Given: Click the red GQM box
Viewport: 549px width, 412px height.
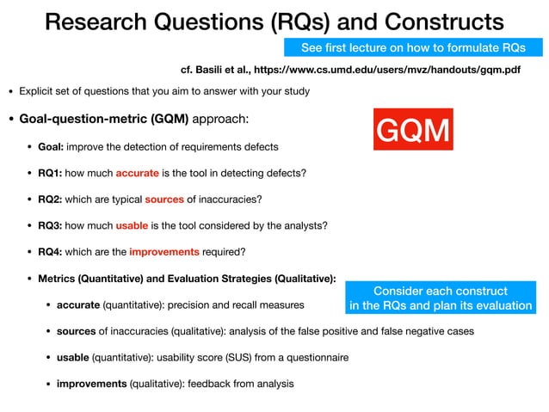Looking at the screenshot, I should click(x=413, y=130).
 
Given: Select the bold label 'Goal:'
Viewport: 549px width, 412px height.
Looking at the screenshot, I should click(x=51, y=146).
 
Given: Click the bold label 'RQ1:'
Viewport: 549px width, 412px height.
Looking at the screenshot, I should click(x=50, y=173).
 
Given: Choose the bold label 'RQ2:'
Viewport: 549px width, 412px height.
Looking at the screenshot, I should click(x=50, y=200).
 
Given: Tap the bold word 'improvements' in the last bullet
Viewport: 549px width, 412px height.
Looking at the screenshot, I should click(x=91, y=384).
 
